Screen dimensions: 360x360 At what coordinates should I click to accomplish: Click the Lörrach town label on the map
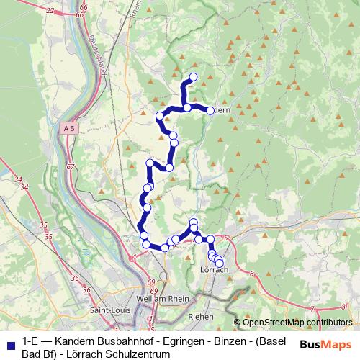212,269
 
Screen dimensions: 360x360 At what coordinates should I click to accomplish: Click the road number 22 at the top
50,10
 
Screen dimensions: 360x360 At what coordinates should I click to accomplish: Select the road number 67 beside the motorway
70,166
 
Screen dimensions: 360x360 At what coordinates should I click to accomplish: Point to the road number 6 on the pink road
253,274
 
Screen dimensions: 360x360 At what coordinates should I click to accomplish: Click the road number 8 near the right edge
343,305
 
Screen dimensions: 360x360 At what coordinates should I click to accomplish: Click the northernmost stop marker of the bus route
193,77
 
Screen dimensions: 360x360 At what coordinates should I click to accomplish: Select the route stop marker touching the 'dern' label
210,110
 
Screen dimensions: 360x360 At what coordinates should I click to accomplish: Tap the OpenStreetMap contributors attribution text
297,323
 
